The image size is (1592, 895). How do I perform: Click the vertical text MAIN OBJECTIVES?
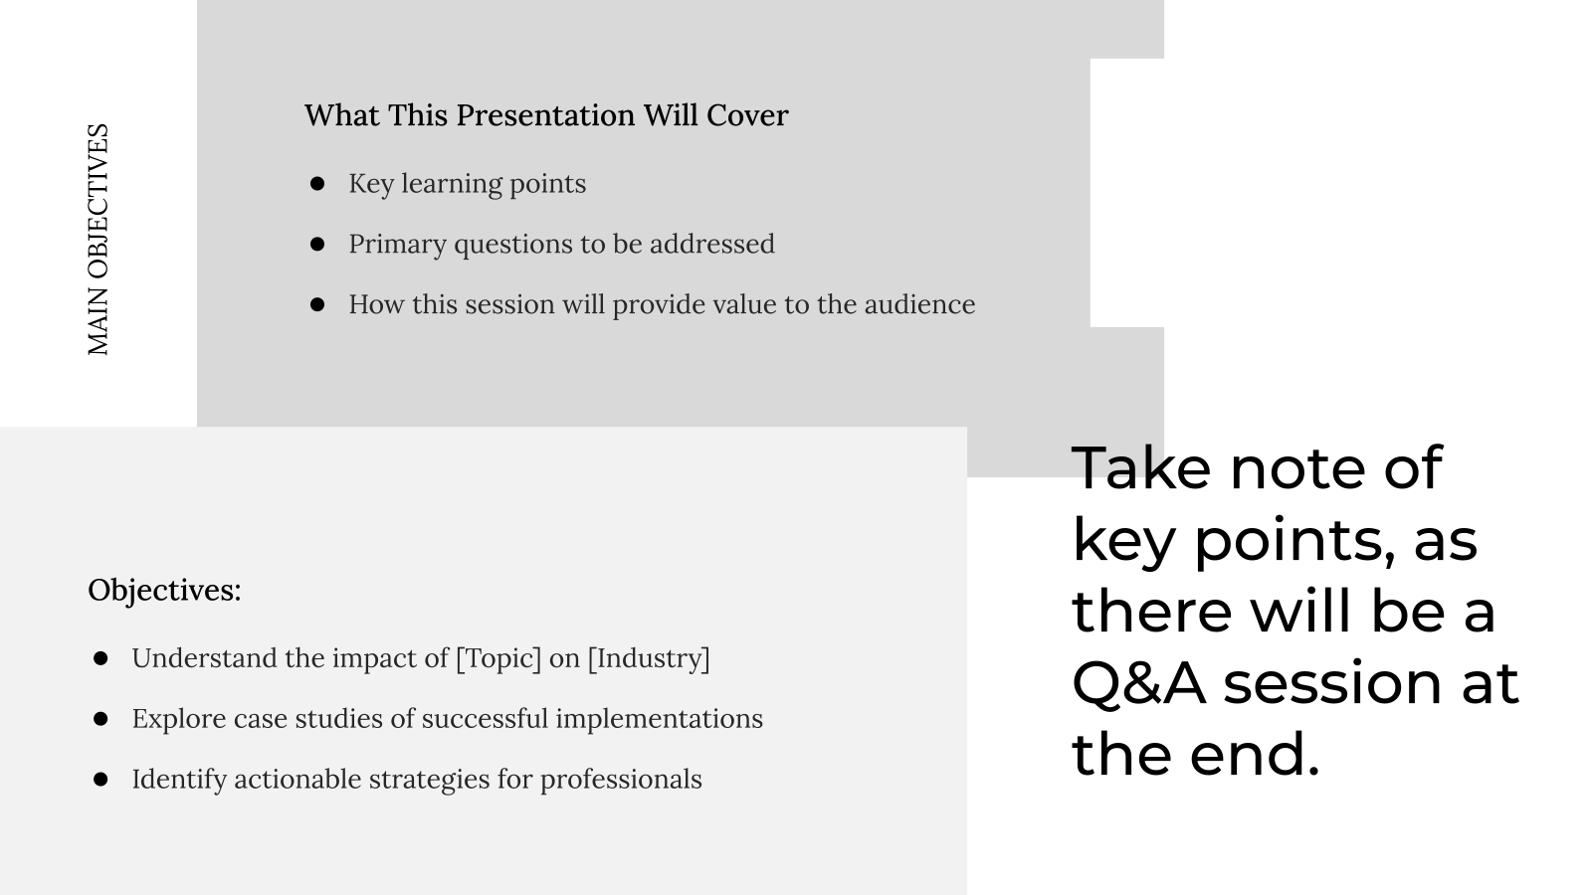(99, 240)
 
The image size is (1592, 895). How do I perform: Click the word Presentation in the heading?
(545, 115)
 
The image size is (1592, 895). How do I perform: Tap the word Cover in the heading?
(747, 115)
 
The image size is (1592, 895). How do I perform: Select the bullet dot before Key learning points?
(317, 184)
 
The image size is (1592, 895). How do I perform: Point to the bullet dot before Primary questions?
(317, 245)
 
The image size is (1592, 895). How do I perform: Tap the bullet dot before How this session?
(317, 304)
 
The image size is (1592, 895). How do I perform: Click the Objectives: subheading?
(164, 591)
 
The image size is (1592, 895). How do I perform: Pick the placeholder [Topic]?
(498, 658)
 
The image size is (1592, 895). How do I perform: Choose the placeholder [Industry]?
(649, 658)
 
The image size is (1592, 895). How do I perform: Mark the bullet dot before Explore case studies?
(100, 719)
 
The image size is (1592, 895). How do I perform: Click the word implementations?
(659, 719)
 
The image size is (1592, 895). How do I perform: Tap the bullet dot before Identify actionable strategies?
(100, 780)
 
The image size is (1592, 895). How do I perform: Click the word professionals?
(621, 780)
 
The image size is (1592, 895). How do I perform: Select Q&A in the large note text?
(1138, 683)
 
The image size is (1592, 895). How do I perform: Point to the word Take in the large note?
(1140, 467)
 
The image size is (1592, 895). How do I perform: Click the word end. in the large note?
(1255, 754)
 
